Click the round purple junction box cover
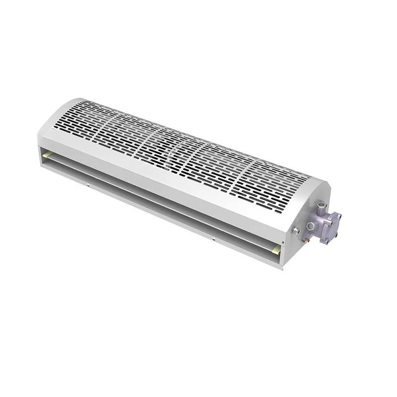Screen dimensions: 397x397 [x=331, y=227]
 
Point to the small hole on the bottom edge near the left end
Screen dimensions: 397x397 [x=88, y=187]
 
